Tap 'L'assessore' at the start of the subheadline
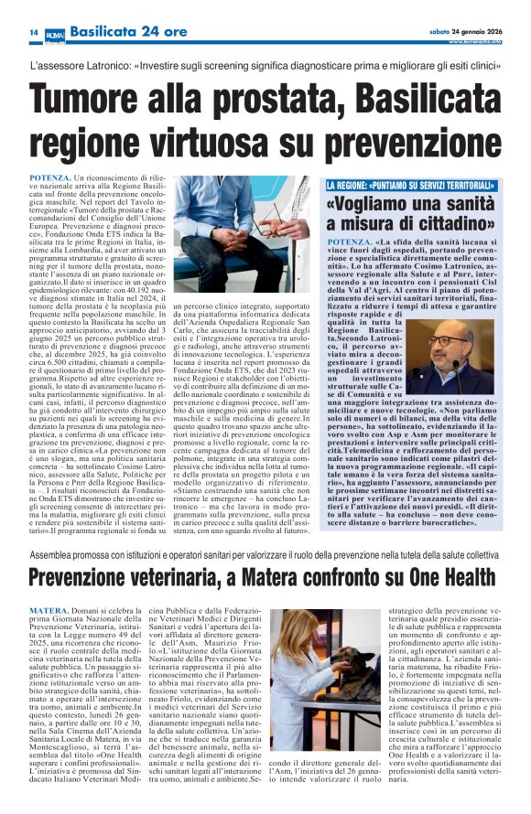[x=60, y=68]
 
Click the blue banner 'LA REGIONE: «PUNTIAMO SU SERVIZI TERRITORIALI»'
[x=412, y=186]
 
